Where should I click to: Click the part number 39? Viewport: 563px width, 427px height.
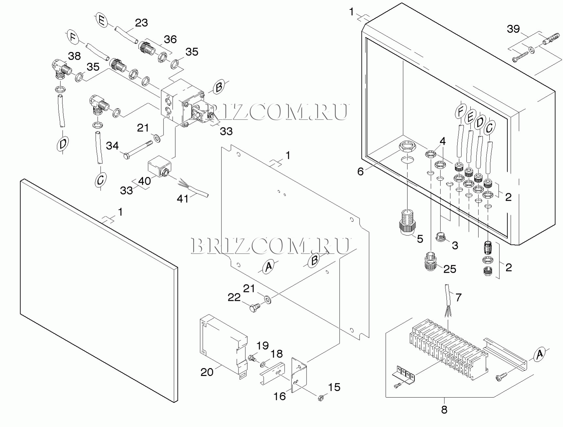tap(513, 29)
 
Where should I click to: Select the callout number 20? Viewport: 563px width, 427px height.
tap(207, 372)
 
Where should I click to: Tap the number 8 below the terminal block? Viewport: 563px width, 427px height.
tap(444, 410)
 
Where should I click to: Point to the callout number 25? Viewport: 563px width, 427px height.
tap(450, 269)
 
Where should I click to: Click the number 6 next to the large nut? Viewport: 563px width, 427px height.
tap(360, 171)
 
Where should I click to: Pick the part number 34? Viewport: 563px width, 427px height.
tap(112, 145)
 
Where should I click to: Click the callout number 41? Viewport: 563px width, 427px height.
tap(183, 198)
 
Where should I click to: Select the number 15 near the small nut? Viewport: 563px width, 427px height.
tap(334, 387)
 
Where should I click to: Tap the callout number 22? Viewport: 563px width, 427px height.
tap(234, 297)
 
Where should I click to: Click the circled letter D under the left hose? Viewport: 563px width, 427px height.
tap(62, 144)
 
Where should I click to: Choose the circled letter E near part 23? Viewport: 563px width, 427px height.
tap(102, 21)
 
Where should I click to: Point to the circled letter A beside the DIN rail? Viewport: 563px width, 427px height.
tap(539, 354)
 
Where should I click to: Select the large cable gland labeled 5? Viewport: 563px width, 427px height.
tap(407, 222)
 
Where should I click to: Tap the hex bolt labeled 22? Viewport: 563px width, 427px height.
tap(255, 308)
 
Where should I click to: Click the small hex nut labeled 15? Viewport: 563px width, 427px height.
tap(321, 398)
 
